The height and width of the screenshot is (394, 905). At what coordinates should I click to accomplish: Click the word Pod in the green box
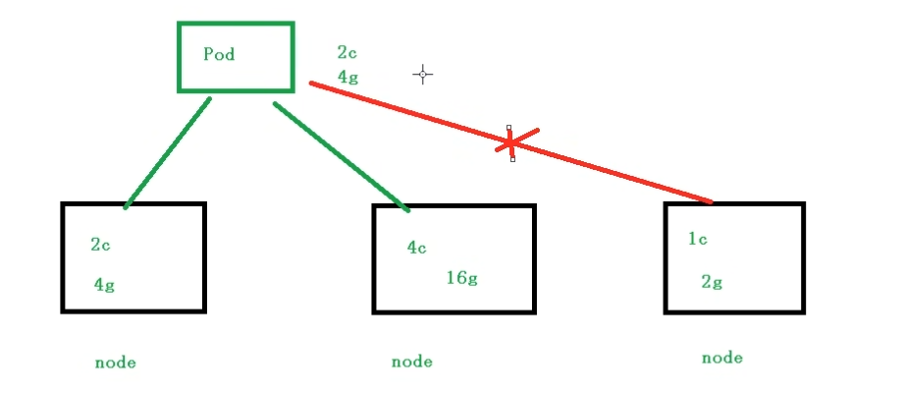(219, 54)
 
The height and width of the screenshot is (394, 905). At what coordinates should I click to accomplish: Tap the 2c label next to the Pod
(346, 52)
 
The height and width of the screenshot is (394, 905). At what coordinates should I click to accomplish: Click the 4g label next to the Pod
(346, 75)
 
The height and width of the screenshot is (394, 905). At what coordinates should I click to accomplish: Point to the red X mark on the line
(509, 143)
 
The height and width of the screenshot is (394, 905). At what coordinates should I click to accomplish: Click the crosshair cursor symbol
(423, 74)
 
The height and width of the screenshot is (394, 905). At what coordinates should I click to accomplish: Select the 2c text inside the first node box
(100, 246)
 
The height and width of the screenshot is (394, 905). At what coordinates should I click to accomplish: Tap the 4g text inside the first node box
(104, 285)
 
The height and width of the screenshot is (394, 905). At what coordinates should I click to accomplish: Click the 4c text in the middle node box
(417, 248)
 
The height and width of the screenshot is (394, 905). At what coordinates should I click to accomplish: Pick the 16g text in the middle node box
(461, 277)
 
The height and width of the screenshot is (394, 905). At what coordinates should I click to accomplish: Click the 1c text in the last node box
(698, 238)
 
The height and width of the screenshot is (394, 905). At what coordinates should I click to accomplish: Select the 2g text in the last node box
(712, 282)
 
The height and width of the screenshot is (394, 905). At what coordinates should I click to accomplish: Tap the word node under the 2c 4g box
(115, 363)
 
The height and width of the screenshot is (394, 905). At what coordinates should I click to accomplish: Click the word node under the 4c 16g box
(411, 362)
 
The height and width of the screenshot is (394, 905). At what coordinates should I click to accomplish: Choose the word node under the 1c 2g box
(721, 358)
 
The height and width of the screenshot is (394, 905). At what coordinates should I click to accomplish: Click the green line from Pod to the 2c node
(167, 152)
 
